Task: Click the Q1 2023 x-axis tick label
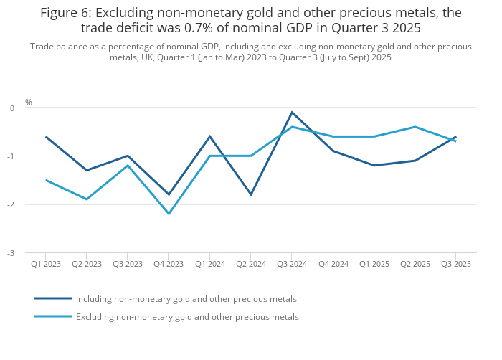coord(46,264)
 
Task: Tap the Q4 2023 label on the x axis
coord(169,264)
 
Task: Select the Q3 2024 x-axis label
coord(292,264)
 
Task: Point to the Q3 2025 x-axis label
coord(455,264)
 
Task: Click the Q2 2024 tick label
coord(251,264)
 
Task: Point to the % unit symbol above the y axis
coord(29,103)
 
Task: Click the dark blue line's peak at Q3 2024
coord(292,112)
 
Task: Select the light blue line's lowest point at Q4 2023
coord(169,214)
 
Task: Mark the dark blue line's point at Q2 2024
coord(251,194)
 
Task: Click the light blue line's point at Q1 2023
coord(46,180)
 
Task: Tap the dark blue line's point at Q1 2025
coord(374,166)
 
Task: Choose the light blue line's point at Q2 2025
coord(415,127)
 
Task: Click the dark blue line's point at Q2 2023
coord(87,170)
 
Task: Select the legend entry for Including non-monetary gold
coord(186,299)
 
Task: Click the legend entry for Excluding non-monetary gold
coord(187,317)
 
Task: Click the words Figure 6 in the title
coord(65,12)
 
